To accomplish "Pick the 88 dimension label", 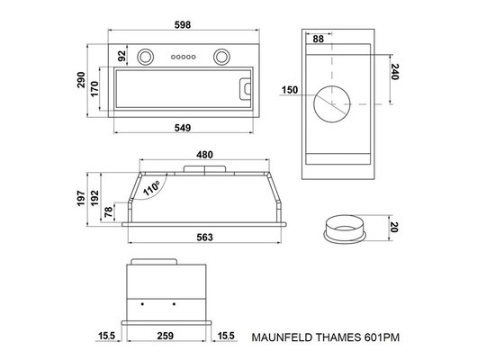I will click(x=319, y=39).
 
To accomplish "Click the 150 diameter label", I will click(x=290, y=91).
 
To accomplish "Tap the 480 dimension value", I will click(x=205, y=155).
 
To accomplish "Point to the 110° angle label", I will click(x=149, y=187).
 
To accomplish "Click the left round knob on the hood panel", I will click(x=145, y=57).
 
